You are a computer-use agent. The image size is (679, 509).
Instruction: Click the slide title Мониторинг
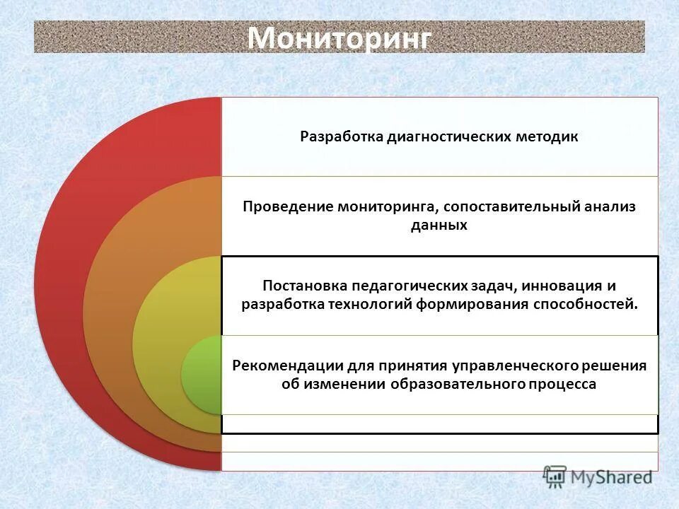click(x=339, y=37)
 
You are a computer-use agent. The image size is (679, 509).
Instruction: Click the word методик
click(x=550, y=136)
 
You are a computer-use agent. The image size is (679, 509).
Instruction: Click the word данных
click(x=439, y=226)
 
